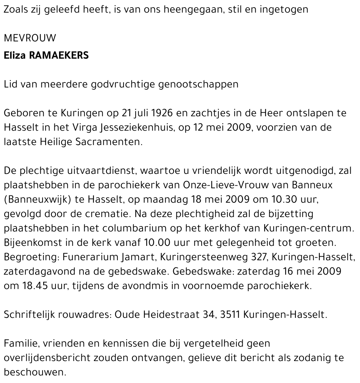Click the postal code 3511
(230, 315)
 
